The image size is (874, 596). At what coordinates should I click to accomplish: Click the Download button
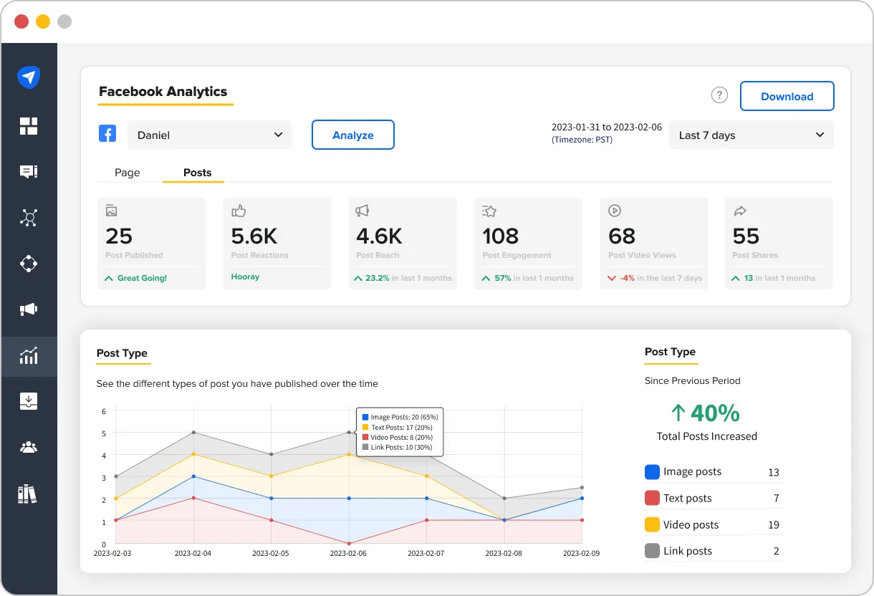coord(787,96)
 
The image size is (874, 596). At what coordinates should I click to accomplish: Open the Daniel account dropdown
coord(209,135)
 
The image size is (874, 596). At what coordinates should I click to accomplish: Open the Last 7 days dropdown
coord(751,135)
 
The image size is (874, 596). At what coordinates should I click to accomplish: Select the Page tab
coord(128,173)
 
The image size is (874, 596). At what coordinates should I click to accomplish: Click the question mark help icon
coord(719,95)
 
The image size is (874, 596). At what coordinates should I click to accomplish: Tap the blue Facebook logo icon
coord(107,134)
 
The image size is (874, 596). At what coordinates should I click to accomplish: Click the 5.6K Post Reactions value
coord(254,236)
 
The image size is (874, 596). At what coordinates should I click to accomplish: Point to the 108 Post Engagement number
coord(500,236)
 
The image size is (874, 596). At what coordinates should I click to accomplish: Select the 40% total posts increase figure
coord(706,413)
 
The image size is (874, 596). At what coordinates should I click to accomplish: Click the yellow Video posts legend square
coord(652,524)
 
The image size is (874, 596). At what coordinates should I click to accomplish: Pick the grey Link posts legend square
coord(652,551)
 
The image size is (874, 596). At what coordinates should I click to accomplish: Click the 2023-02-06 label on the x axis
coord(349,553)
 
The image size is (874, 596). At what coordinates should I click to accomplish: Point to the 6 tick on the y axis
coord(104,411)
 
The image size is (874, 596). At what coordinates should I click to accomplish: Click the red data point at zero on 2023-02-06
coord(349,544)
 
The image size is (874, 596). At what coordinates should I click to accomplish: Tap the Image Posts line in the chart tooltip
coord(400,417)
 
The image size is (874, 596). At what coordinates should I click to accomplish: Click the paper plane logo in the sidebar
coord(29,77)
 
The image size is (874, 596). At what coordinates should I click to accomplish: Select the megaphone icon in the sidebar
coord(29,309)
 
